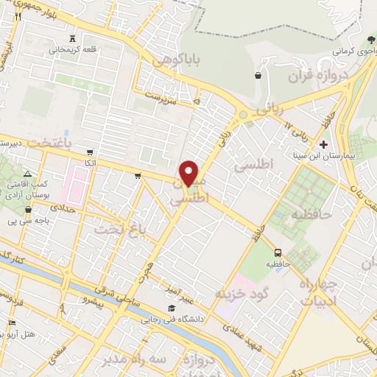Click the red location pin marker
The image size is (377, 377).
tap(189, 173)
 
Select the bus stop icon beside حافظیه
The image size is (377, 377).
tap(277, 250)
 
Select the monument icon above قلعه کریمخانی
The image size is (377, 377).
tap(71, 39)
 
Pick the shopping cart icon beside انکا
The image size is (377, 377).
tap(90, 151)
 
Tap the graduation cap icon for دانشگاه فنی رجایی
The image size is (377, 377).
tap(171, 306)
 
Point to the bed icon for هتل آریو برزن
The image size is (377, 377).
tap(11, 324)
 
